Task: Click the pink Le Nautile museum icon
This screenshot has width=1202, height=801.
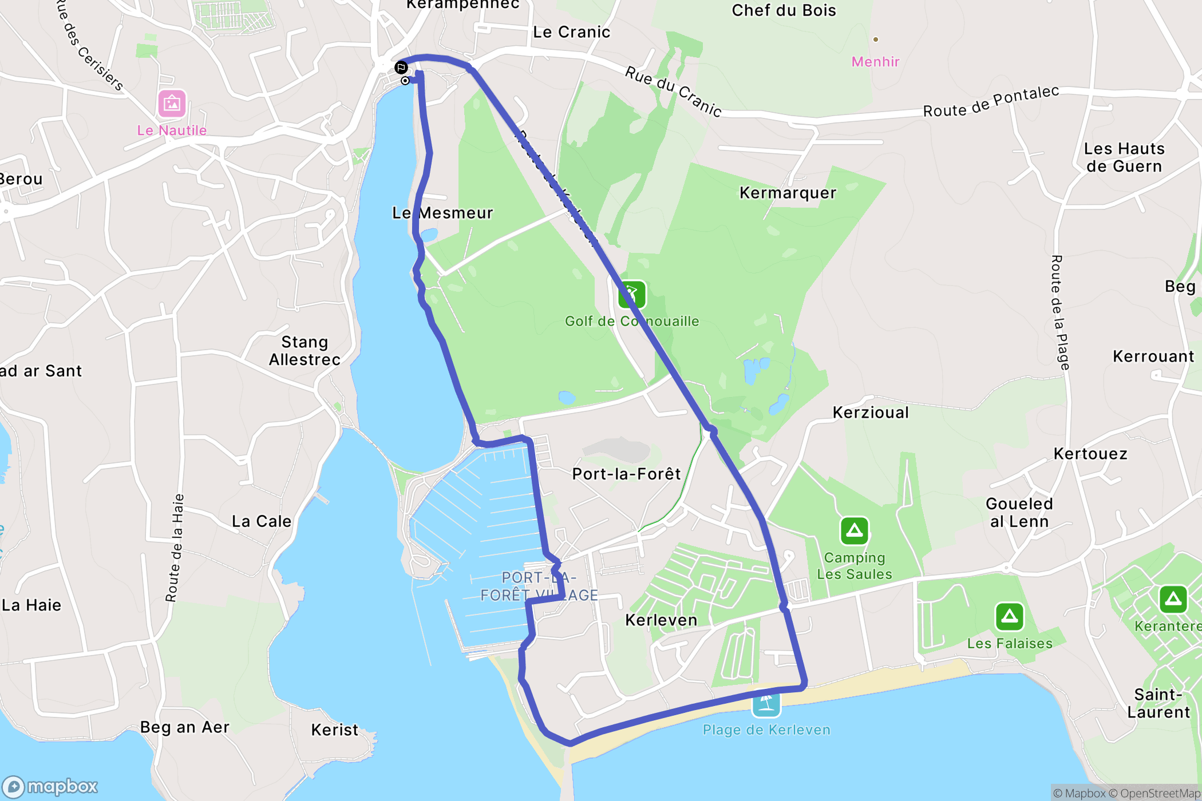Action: tap(172, 104)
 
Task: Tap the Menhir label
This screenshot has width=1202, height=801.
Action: tap(875, 62)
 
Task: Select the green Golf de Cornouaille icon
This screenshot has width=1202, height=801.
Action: tap(632, 295)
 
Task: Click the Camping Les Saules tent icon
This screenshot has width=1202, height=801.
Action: tap(854, 531)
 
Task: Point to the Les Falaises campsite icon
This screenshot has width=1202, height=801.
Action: tap(1009, 616)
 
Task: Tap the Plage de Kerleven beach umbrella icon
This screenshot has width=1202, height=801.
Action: tap(766, 703)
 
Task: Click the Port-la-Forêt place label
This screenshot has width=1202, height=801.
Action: tap(626, 474)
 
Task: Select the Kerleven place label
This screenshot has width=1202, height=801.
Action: tap(661, 620)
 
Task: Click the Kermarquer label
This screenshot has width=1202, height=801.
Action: tap(788, 193)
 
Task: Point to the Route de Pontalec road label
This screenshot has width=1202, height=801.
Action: tap(991, 102)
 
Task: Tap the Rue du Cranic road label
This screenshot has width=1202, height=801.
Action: tap(673, 91)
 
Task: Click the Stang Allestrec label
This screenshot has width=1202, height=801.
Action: tap(305, 351)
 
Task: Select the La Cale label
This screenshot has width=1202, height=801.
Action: tap(262, 521)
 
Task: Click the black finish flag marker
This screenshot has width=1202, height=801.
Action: tap(401, 68)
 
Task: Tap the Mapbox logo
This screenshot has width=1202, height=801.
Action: tap(50, 787)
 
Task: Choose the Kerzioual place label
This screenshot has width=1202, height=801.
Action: tap(871, 413)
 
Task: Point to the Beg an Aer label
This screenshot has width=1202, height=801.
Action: tap(184, 727)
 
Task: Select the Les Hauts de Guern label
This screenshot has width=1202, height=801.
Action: tap(1124, 157)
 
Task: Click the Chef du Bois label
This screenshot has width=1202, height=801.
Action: tap(784, 10)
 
